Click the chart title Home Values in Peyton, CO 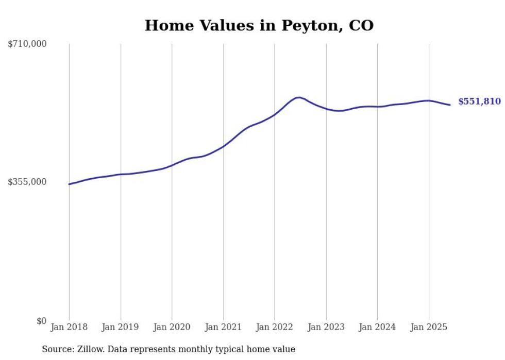(259, 25)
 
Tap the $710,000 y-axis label (27, 44)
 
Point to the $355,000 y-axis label (27, 182)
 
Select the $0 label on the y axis (41, 321)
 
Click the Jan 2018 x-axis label (69, 327)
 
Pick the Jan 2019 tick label (121, 327)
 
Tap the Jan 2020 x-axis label (172, 327)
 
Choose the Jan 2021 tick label (223, 327)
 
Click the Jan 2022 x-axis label (275, 327)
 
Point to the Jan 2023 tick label (326, 327)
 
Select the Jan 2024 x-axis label (377, 327)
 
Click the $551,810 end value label (479, 101)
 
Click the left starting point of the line (69, 184)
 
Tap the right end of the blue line (450, 105)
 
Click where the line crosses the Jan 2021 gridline (223, 146)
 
